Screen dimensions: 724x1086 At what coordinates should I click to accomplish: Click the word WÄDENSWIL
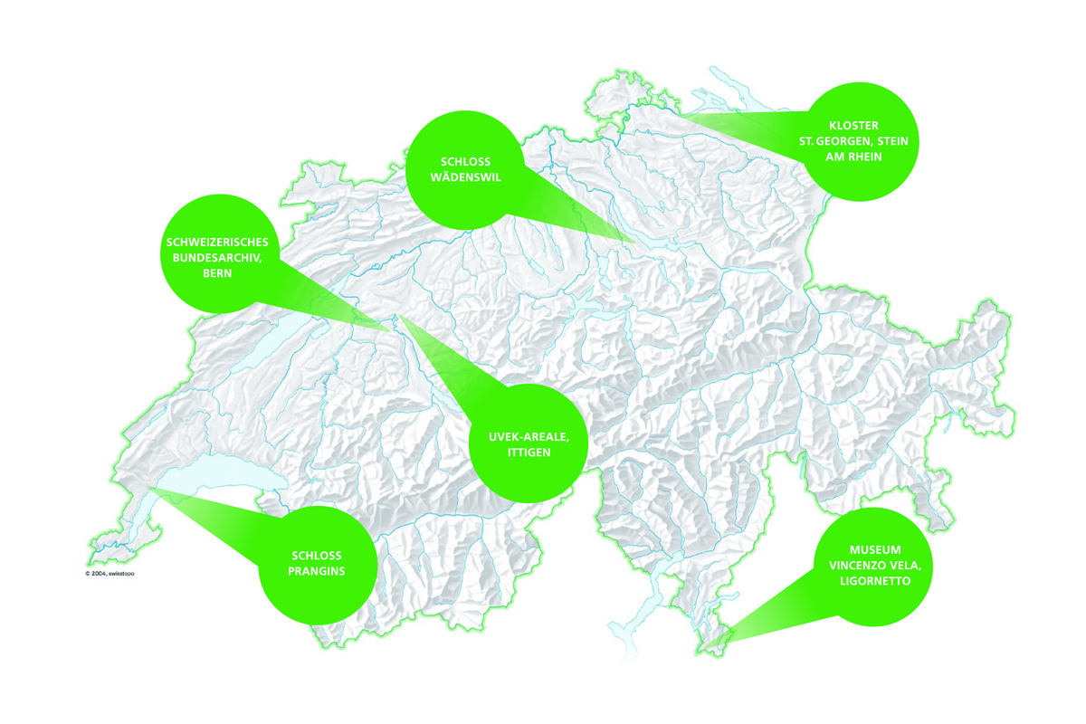(465, 177)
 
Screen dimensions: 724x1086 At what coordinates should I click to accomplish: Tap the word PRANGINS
(319, 573)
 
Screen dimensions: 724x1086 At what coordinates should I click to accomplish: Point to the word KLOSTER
(854, 125)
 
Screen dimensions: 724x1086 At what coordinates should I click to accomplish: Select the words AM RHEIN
(854, 157)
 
